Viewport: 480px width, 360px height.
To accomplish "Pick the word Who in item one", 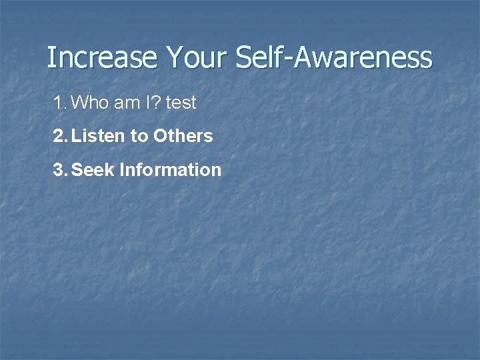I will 87,103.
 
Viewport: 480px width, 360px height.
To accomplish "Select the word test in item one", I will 181,103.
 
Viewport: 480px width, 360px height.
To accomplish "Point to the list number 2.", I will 59,136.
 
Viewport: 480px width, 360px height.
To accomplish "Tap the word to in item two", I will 139,137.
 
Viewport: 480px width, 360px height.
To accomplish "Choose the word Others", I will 183,136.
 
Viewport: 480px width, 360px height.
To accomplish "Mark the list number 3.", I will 59,170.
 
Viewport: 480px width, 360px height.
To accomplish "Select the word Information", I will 170,170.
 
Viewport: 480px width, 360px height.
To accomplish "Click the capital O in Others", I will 160,136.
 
